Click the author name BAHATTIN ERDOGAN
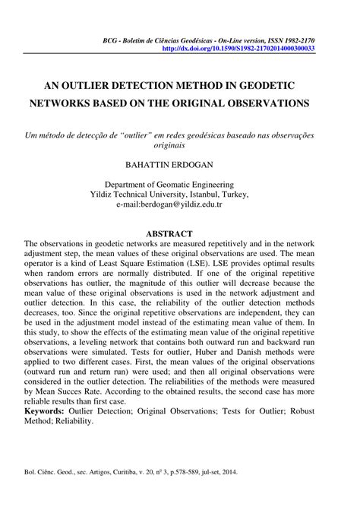click(179, 163)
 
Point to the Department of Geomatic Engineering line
click(179, 184)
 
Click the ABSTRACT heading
click(179, 233)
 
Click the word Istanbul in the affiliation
click(215, 195)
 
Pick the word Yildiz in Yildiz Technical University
click(123, 195)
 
